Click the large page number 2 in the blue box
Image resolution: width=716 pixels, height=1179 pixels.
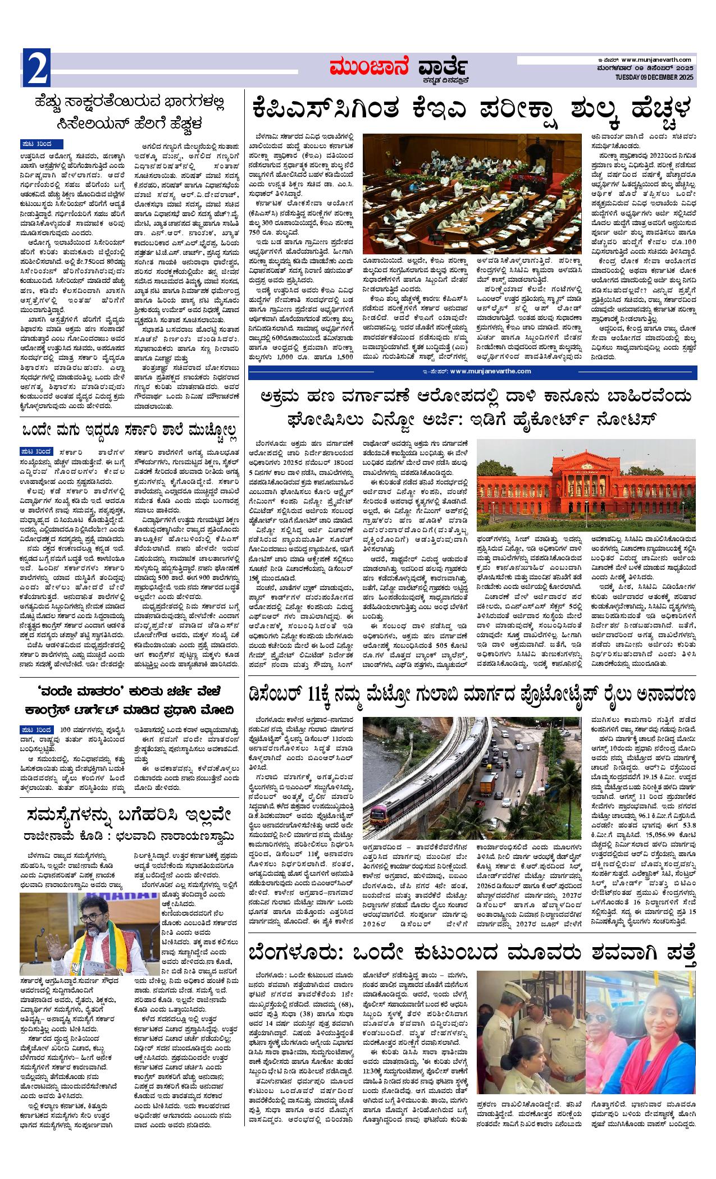pos(37,68)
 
